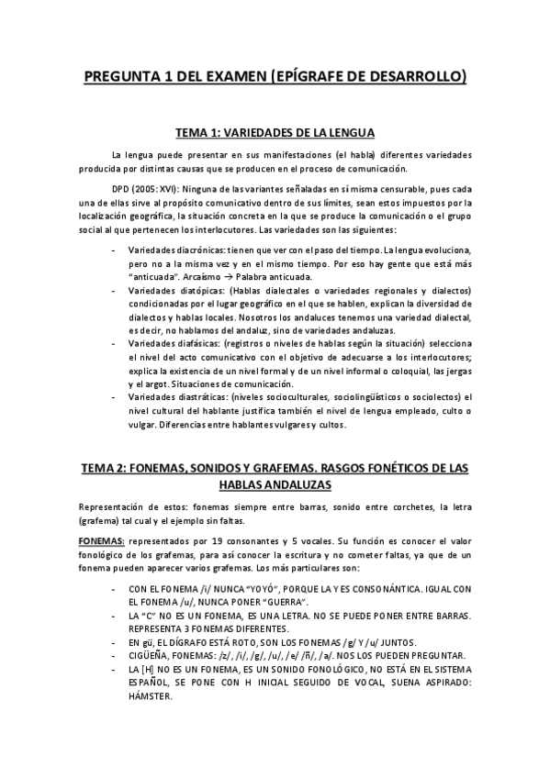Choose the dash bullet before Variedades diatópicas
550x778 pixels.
coord(112,291)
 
